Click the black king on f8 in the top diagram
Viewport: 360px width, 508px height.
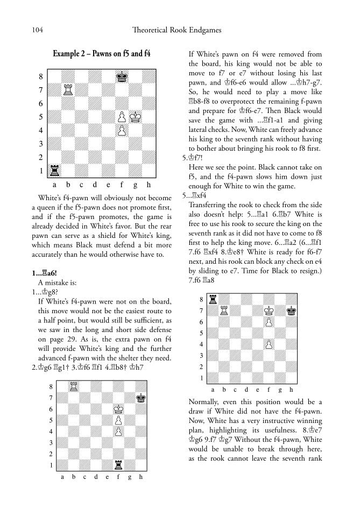click(x=122, y=76)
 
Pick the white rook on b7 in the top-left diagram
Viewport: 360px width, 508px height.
click(x=67, y=90)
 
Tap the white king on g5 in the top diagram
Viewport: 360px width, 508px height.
click(x=135, y=117)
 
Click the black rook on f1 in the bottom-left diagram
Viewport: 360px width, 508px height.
click(x=118, y=465)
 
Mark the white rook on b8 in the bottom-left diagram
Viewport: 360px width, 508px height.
click(x=73, y=386)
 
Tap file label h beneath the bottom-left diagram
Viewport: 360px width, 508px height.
click(x=141, y=477)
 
